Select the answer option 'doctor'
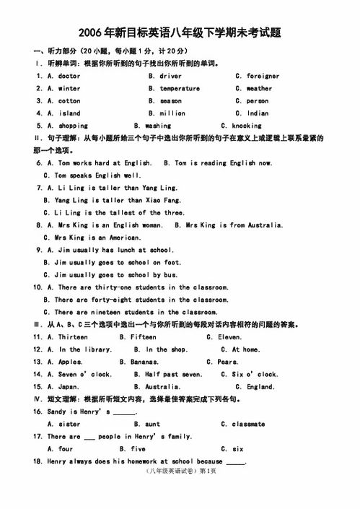(x=69, y=76)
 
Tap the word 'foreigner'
(x=263, y=76)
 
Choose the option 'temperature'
(x=180, y=88)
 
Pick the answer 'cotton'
(x=69, y=101)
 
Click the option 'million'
(x=172, y=113)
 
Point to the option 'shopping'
(x=73, y=126)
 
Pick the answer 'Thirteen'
(x=73, y=337)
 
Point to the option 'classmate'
(x=248, y=424)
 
